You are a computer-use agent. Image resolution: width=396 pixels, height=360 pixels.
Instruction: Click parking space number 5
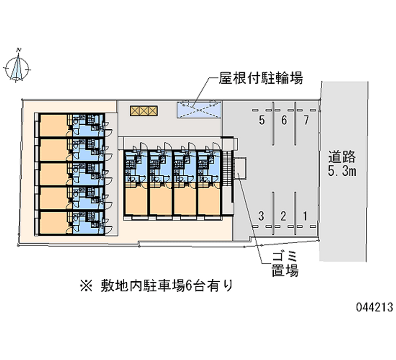click(261, 120)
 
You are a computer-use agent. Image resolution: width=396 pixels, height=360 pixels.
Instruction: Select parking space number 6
click(284, 120)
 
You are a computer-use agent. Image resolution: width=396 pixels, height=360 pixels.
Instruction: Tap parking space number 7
click(306, 120)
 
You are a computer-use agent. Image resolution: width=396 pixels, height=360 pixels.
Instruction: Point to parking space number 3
click(261, 215)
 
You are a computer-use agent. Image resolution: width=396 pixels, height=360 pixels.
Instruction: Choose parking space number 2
click(284, 215)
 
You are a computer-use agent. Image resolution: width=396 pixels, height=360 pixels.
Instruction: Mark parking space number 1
click(306, 215)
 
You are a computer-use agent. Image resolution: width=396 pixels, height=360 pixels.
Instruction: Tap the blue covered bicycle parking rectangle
click(198, 109)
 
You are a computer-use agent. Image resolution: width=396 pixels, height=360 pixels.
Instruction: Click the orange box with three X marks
click(144, 110)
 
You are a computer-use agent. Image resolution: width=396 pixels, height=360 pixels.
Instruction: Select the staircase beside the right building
click(228, 169)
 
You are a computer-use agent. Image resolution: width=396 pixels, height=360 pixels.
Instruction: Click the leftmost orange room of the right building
click(135, 198)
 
